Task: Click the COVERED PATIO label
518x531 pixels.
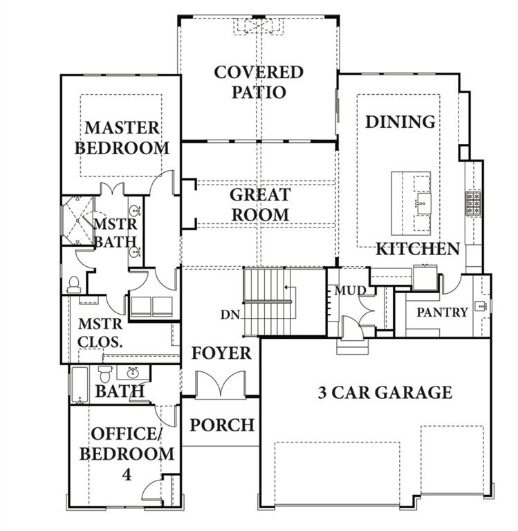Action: [x=259, y=82]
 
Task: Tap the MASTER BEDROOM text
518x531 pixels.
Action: [x=122, y=138]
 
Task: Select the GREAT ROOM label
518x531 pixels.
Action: [x=259, y=205]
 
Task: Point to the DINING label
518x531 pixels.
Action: [x=400, y=122]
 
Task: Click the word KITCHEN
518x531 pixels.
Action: [x=418, y=249]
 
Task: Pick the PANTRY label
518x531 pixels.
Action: [x=442, y=313]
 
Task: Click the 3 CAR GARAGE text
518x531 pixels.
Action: [x=385, y=393]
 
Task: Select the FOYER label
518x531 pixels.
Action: [x=221, y=353]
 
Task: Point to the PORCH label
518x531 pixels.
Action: [x=222, y=424]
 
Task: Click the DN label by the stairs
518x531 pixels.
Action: [x=230, y=314]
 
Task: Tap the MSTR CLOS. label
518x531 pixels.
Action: [x=100, y=332]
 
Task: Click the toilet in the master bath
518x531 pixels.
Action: [x=75, y=284]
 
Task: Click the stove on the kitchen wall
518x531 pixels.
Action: [x=474, y=203]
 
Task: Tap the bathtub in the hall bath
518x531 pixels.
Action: [x=80, y=384]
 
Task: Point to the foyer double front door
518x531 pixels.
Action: [x=221, y=384]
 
